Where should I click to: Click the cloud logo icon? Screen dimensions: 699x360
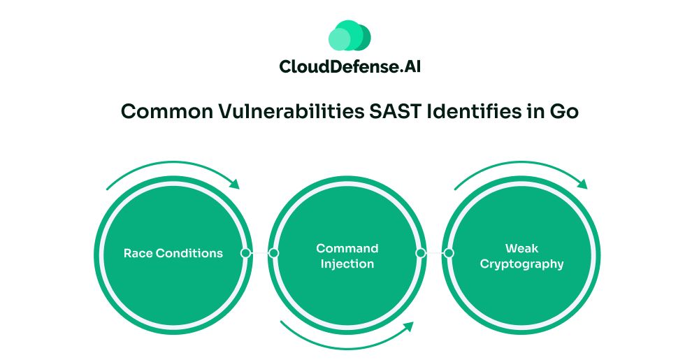pyautogui.click(x=349, y=35)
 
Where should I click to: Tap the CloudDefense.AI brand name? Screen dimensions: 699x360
pyautogui.click(x=350, y=67)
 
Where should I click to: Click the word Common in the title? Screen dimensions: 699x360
pyautogui.click(x=167, y=111)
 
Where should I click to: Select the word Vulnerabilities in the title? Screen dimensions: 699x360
pyautogui.click(x=291, y=111)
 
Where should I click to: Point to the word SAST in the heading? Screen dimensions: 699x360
pyautogui.click(x=396, y=111)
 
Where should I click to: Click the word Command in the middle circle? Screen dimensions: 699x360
pyautogui.click(x=347, y=248)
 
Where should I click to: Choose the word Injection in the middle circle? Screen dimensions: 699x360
pyautogui.click(x=347, y=264)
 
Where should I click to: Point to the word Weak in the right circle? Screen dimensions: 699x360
pyautogui.click(x=521, y=248)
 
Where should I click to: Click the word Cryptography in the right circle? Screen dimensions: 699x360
pyautogui.click(x=521, y=264)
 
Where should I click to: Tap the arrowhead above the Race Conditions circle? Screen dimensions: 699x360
pyautogui.click(x=234, y=183)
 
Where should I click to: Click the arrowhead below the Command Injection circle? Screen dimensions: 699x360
pyautogui.click(x=408, y=327)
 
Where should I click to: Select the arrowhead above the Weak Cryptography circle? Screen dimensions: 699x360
pyautogui.click(x=582, y=183)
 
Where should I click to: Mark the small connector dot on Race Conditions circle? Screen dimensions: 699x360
pyautogui.click(x=245, y=253)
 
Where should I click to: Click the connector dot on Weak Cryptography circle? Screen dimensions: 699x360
pyautogui.click(x=449, y=253)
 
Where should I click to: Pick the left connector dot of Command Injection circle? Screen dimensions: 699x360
pyautogui.click(x=274, y=253)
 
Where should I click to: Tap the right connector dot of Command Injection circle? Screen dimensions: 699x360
pyautogui.click(x=420, y=253)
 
